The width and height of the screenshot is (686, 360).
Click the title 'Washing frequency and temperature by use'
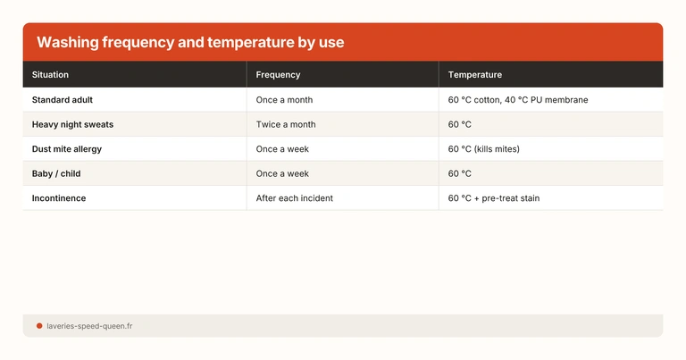[x=190, y=43]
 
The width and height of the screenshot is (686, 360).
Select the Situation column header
[x=50, y=75]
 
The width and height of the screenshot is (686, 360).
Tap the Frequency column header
[x=278, y=75]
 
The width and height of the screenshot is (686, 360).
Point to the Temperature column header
[x=474, y=75]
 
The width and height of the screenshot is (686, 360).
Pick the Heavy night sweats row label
[x=72, y=124]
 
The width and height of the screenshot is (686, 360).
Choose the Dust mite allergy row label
[x=71, y=149]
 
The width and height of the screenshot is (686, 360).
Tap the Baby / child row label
[x=56, y=173]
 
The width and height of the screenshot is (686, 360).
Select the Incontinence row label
[x=59, y=198]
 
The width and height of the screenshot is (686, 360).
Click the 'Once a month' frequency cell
[x=284, y=100]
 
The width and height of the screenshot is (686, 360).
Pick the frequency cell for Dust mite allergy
[x=282, y=149]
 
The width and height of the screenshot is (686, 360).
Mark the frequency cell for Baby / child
[x=282, y=173]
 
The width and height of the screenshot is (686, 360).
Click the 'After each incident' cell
[x=294, y=198]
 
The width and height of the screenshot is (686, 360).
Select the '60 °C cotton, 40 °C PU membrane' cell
[x=518, y=100]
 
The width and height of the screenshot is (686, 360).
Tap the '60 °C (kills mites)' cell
[x=483, y=149]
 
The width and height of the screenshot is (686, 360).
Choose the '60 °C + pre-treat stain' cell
[x=493, y=198]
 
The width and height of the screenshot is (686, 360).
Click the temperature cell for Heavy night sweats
[x=460, y=124]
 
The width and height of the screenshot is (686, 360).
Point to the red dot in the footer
[x=39, y=326]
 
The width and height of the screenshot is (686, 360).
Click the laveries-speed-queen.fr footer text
[x=89, y=326]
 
